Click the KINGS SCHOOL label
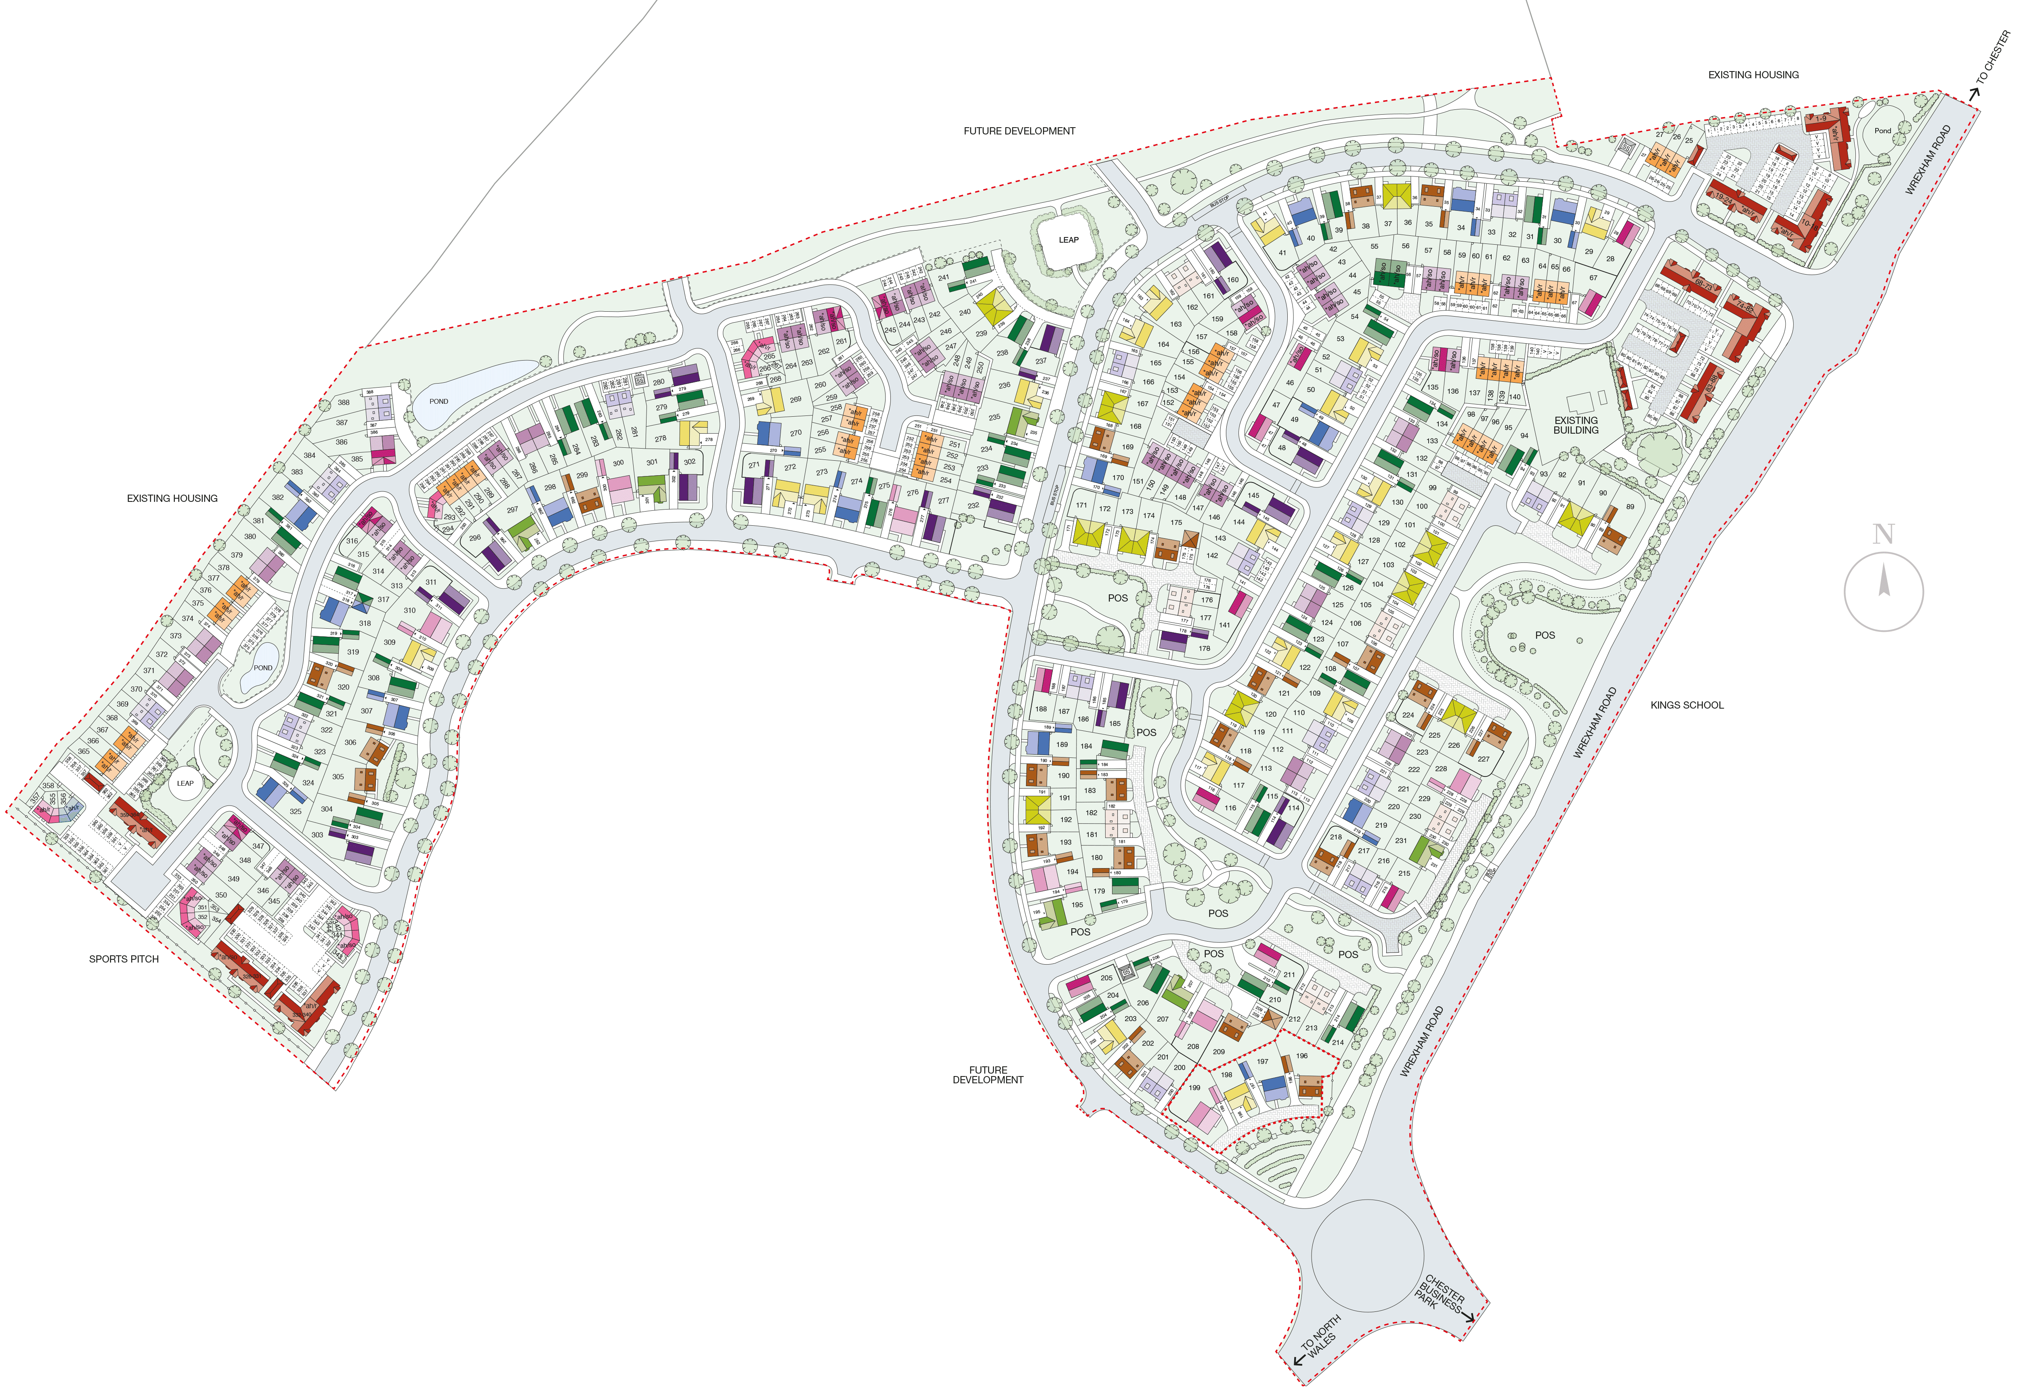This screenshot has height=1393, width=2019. coord(1686,705)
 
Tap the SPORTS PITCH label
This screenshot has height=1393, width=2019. coord(124,959)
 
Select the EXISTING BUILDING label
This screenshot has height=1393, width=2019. coord(1576,425)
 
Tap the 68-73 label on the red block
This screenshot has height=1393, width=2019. coord(1702,284)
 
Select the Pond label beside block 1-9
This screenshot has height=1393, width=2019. coord(1883,131)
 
